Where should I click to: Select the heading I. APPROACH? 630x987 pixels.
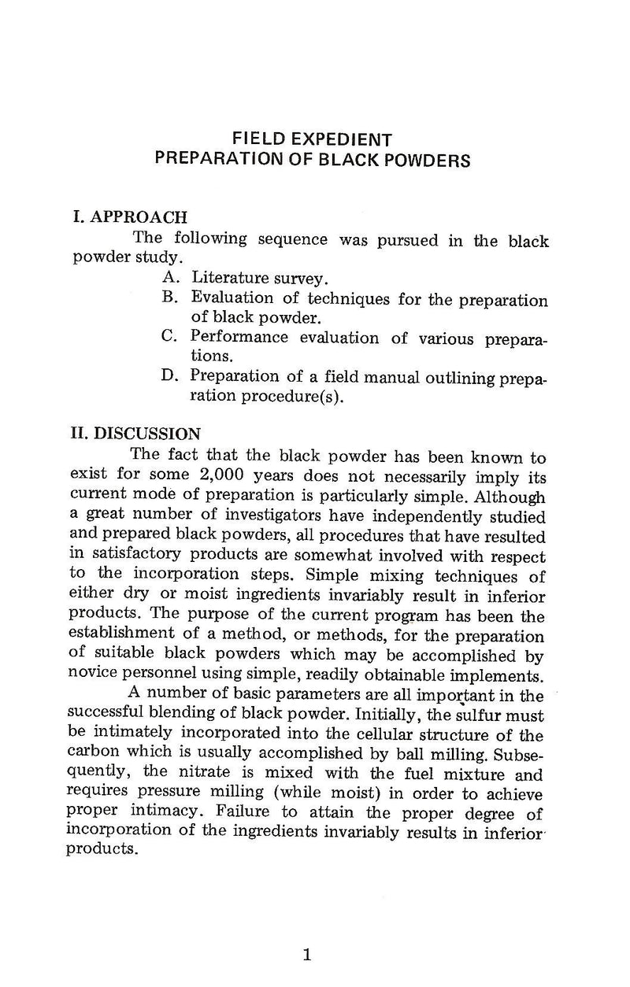(129, 217)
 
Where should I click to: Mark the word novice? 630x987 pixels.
(87, 675)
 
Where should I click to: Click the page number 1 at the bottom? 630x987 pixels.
(308, 956)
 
